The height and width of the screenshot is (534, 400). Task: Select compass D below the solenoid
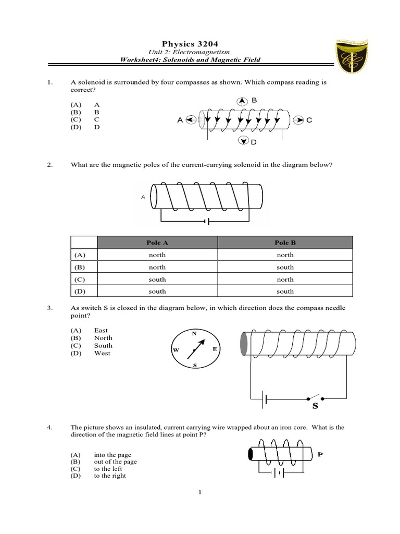[x=243, y=140]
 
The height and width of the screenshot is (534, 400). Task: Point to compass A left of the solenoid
[x=191, y=120]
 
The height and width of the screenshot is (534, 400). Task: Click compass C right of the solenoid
[x=297, y=120]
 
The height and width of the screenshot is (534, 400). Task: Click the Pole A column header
[x=157, y=242]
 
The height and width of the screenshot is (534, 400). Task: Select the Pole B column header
[x=285, y=242]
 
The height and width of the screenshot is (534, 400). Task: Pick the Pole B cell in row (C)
[x=285, y=280]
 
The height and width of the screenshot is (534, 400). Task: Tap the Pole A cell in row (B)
[x=157, y=267]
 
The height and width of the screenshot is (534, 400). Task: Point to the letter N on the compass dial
[x=194, y=333]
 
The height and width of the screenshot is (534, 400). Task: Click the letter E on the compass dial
[x=214, y=349]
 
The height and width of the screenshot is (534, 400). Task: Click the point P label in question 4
[x=320, y=454]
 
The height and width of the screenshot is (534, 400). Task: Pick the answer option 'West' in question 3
[x=102, y=353]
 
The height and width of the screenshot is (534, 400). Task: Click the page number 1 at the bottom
[x=199, y=491]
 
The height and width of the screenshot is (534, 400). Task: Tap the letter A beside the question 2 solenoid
[x=143, y=197]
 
